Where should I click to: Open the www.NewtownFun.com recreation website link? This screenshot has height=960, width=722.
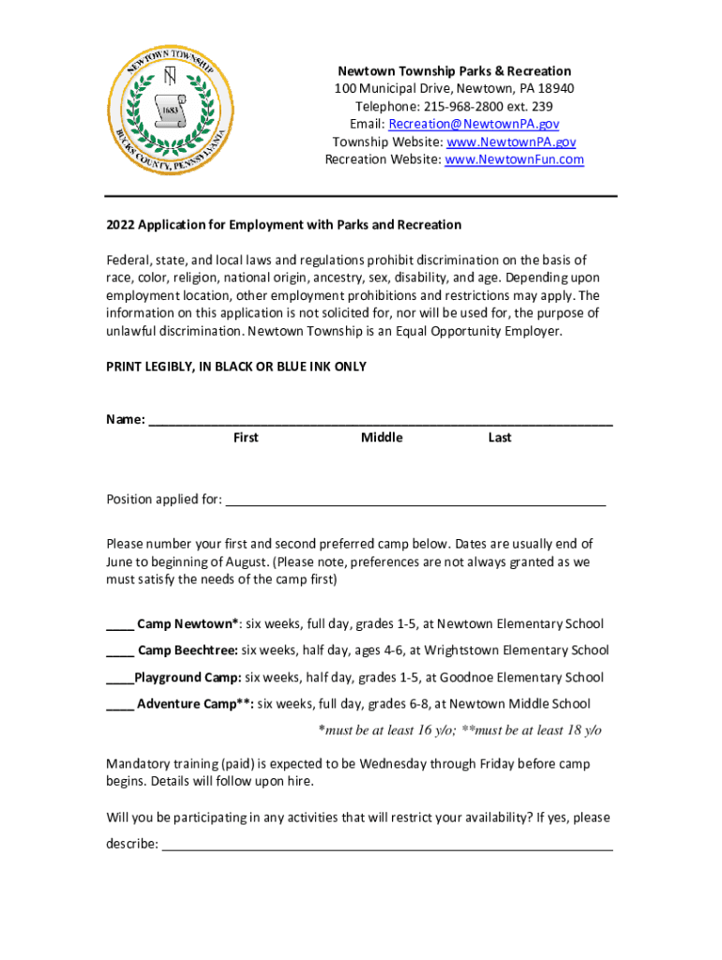point(514,159)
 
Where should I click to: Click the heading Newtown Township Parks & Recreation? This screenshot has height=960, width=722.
point(454,71)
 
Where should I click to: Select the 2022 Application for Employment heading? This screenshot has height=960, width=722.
point(283,225)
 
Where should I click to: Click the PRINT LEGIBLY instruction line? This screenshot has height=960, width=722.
point(236,367)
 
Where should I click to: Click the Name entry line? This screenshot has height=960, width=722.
point(381,422)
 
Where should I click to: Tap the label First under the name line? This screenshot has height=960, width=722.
point(246,438)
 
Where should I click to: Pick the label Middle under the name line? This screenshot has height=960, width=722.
point(382,438)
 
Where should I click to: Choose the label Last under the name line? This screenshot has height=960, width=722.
point(500,438)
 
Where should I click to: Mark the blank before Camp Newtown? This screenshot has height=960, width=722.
point(119,625)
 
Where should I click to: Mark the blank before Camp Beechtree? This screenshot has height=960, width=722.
point(119,652)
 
